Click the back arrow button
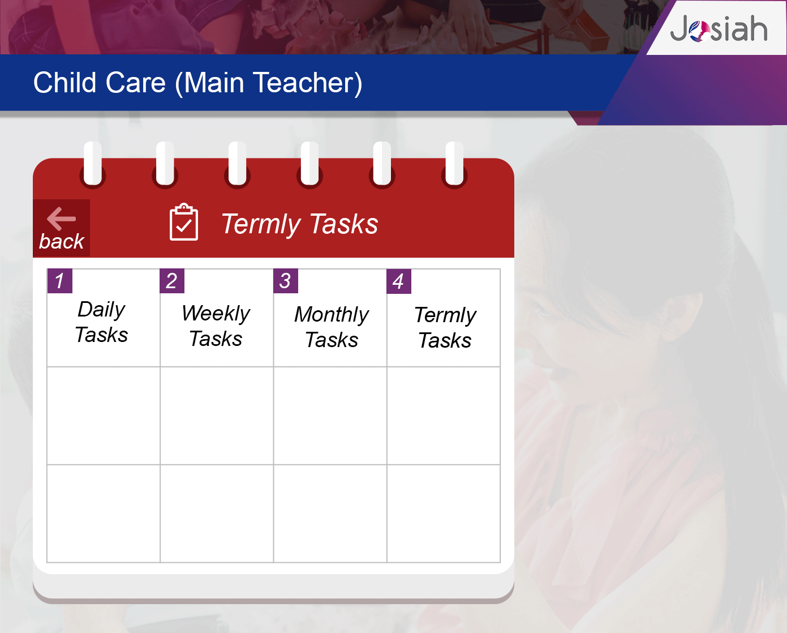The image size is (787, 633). [62, 228]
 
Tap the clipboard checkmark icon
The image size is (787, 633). [183, 222]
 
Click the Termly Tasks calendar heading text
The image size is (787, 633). [299, 224]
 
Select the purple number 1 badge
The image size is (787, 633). [59, 281]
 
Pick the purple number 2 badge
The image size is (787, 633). [172, 281]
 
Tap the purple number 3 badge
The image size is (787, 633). [286, 281]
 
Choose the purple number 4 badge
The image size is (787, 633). [399, 281]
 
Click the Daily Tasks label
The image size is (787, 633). [101, 322]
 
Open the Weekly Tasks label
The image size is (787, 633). [216, 326]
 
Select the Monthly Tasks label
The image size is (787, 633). [332, 327]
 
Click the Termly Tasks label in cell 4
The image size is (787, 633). [445, 328]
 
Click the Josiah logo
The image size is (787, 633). [719, 28]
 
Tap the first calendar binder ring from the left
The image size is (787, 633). [93, 164]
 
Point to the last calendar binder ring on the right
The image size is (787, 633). [454, 164]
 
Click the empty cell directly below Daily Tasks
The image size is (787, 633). [104, 416]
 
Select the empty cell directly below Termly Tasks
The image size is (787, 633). [444, 416]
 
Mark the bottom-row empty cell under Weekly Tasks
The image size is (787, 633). [217, 514]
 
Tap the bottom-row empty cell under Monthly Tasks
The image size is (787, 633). [330, 514]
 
